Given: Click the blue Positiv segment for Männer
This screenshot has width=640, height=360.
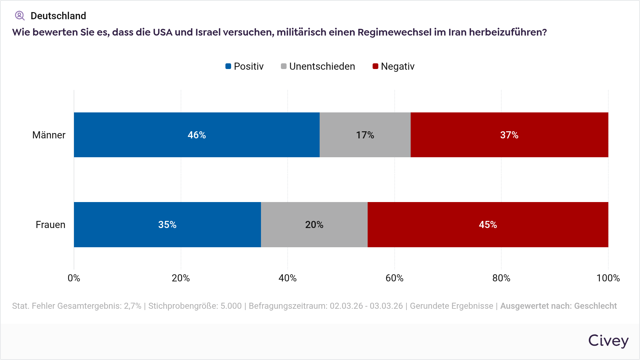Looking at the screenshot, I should click(x=197, y=135).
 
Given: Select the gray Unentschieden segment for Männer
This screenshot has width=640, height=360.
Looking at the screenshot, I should click(x=365, y=135).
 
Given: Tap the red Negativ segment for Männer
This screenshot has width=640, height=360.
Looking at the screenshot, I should click(x=509, y=135).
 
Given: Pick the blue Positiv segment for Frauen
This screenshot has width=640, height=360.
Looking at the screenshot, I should click(x=167, y=224).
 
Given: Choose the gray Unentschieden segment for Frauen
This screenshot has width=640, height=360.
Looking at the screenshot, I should click(x=314, y=224).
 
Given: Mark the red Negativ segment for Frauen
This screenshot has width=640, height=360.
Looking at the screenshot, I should click(x=488, y=224).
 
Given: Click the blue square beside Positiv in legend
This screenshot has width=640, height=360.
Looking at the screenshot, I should click(x=228, y=66).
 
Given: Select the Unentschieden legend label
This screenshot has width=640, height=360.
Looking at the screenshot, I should click(x=322, y=67).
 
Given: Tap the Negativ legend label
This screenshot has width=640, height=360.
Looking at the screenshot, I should click(x=398, y=67).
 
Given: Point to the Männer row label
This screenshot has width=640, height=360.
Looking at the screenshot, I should click(x=49, y=135).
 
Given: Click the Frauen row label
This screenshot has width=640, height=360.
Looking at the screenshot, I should click(x=50, y=225).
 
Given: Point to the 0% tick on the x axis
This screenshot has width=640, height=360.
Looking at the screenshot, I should click(x=74, y=278).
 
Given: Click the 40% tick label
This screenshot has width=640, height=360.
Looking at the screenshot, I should click(x=288, y=278).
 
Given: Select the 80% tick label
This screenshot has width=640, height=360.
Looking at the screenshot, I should click(x=501, y=278).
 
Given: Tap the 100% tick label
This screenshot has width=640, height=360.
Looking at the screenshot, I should click(x=608, y=278).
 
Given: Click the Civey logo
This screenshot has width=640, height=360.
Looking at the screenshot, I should click(x=608, y=341).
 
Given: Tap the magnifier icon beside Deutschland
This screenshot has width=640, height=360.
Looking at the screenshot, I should click(x=20, y=16).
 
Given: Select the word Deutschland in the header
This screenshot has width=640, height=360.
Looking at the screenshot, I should click(x=58, y=16).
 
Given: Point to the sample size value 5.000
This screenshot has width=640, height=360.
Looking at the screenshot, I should click(x=231, y=306).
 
